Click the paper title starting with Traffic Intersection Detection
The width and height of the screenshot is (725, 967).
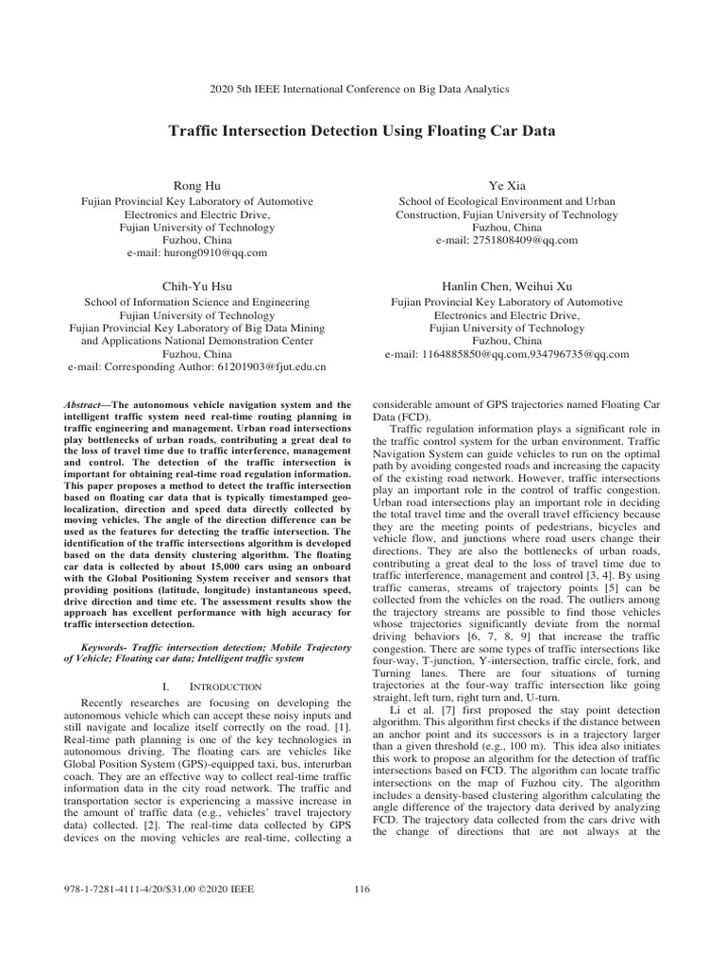(362, 131)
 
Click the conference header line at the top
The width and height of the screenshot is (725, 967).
(362, 88)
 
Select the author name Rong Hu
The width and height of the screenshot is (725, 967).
(194, 186)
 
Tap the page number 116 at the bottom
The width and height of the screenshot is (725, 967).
(362, 888)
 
